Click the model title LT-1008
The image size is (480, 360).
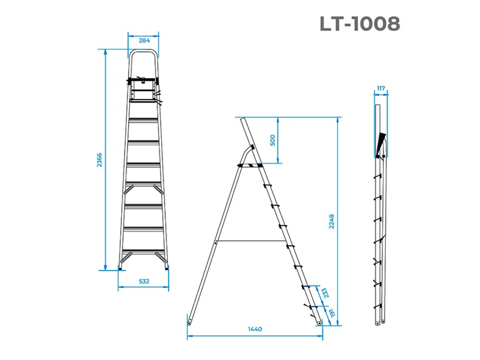click(x=360, y=24)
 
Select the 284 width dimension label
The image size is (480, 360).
click(x=144, y=40)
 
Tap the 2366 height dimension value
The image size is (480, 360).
click(x=100, y=160)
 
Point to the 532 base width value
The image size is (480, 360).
click(x=144, y=282)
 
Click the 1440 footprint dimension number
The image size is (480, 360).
click(x=255, y=329)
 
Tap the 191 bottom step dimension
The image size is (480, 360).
click(x=330, y=313)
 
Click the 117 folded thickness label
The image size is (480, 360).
click(x=381, y=88)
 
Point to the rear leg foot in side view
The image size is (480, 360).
click(x=190, y=320)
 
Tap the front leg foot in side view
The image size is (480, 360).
click(x=319, y=322)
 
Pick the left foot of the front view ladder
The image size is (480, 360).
click(x=121, y=268)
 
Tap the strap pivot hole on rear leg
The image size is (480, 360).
click(x=216, y=242)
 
